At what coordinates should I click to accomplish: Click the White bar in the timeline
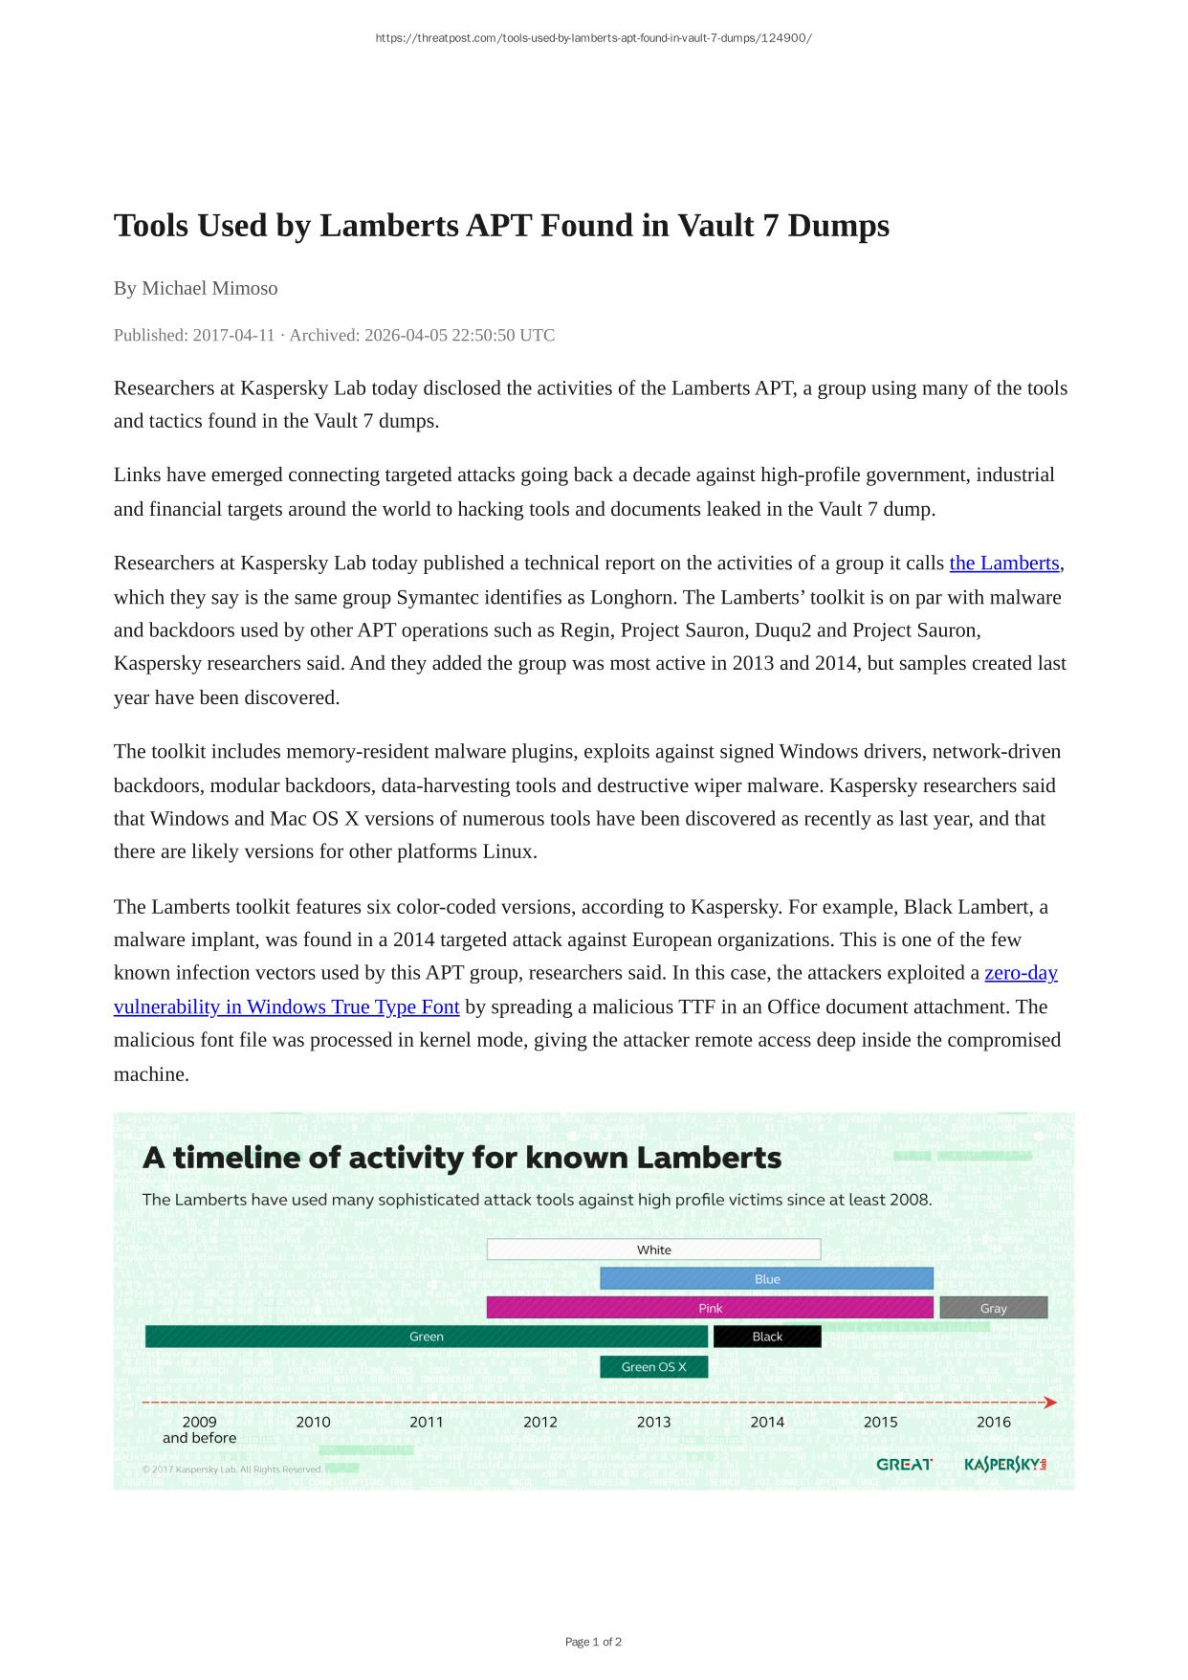[x=653, y=1249]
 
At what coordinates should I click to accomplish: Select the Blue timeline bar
[x=766, y=1279]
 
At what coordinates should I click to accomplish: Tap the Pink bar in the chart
[x=710, y=1308]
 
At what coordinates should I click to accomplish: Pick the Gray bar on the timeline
[x=993, y=1308]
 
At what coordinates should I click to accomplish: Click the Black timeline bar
[x=766, y=1337]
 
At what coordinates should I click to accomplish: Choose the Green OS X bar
[x=653, y=1367]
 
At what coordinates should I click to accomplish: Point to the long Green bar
[x=426, y=1337]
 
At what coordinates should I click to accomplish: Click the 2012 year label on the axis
[x=539, y=1422]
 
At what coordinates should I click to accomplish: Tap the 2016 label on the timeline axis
[x=993, y=1422]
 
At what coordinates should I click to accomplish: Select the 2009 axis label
[x=199, y=1422]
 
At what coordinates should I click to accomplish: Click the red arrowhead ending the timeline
[x=1050, y=1403]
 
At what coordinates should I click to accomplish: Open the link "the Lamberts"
[x=1003, y=564]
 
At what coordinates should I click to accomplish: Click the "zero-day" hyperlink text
[x=1021, y=973]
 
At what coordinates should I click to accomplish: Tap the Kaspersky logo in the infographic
[x=1004, y=1465]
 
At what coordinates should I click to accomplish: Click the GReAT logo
[x=904, y=1465]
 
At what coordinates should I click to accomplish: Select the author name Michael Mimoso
[x=209, y=288]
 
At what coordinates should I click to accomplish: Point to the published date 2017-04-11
[x=233, y=335]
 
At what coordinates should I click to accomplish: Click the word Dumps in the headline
[x=838, y=226]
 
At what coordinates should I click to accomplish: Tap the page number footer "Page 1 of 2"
[x=593, y=1642]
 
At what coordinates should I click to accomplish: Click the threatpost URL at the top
[x=593, y=38]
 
